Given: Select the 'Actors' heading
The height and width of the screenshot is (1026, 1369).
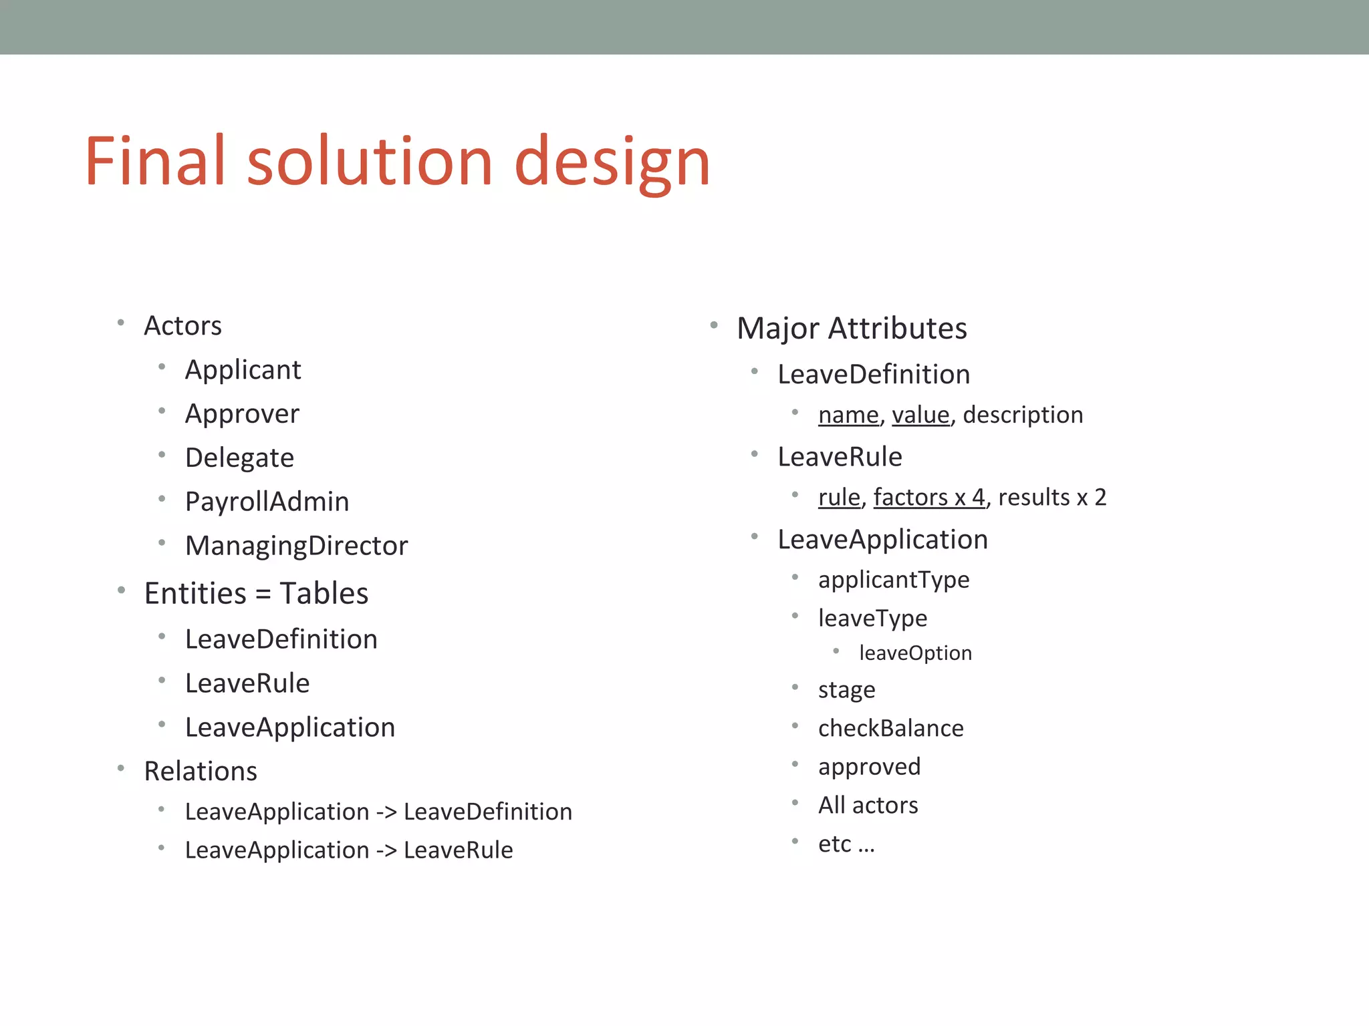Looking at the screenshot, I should click(182, 326).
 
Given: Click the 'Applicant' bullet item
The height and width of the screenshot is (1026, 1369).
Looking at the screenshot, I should click(243, 370).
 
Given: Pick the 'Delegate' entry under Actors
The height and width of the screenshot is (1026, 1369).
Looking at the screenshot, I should click(239, 458).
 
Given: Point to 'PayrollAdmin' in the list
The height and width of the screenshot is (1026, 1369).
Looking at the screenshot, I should click(267, 502).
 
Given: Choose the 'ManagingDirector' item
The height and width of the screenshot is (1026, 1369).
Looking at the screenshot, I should click(296, 546).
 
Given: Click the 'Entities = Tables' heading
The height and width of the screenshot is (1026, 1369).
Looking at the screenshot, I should click(256, 594).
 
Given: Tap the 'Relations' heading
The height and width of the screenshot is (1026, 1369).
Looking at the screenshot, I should click(201, 772).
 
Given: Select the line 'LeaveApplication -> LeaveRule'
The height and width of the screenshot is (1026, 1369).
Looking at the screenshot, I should click(349, 850).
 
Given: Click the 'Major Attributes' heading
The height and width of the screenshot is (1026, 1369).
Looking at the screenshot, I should click(852, 329).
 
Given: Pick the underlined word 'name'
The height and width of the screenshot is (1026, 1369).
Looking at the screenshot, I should click(848, 415).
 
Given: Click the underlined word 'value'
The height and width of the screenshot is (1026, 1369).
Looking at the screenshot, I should click(920, 415).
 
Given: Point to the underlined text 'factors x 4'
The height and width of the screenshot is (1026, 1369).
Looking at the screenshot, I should click(929, 498).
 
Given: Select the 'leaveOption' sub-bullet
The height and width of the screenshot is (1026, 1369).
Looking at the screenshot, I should click(915, 653).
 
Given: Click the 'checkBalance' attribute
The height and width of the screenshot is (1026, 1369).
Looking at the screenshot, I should click(890, 729).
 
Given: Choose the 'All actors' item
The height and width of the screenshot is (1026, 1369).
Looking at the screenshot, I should click(868, 806).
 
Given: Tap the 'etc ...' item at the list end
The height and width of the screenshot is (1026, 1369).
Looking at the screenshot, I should click(846, 844).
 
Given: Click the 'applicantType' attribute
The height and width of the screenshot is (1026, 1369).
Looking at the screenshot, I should click(893, 580).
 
